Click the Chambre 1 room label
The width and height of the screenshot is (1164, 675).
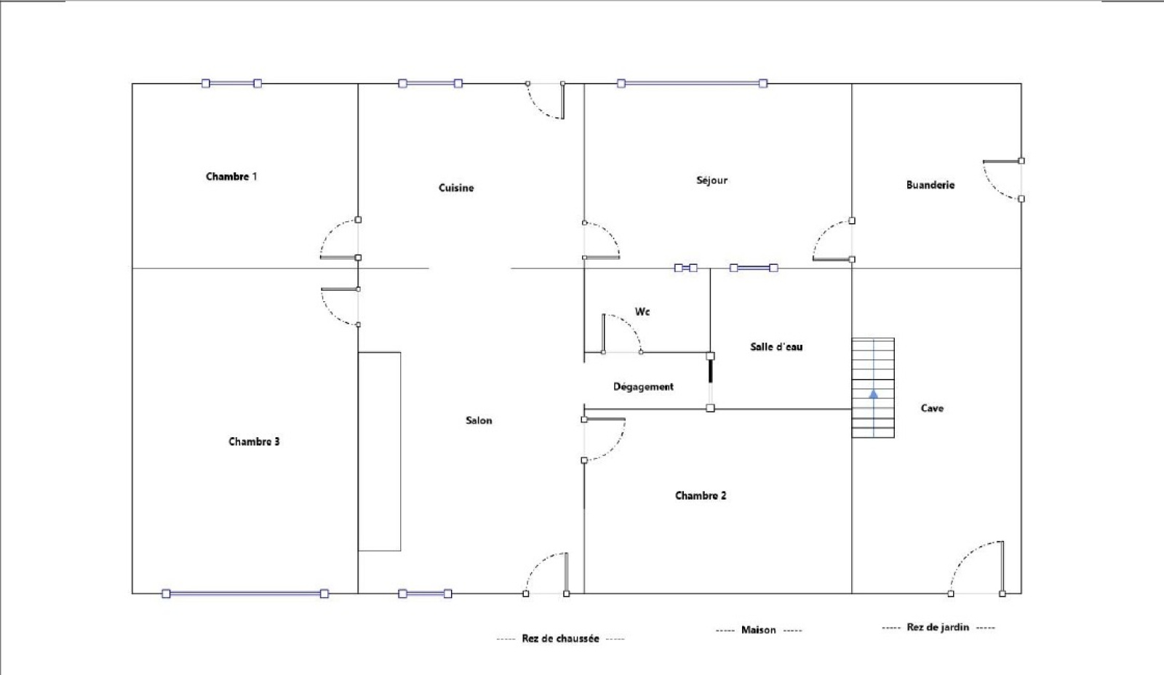[x=231, y=177]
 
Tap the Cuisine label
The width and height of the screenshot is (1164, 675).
[x=456, y=188]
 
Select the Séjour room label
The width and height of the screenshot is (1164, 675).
[x=712, y=180]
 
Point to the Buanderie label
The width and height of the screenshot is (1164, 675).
[x=930, y=185]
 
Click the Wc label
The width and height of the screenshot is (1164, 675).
[x=642, y=312]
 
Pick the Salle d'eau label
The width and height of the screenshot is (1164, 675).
[x=776, y=347]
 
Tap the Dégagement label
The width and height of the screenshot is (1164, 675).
[x=643, y=387]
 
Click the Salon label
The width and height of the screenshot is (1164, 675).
[x=479, y=420]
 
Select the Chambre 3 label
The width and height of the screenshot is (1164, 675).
[x=254, y=442]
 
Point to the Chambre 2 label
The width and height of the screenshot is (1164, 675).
[x=701, y=496]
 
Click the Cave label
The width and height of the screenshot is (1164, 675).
[x=932, y=409]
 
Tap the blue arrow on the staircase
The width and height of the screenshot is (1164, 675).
[x=874, y=394]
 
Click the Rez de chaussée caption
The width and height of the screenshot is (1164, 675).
[x=560, y=639]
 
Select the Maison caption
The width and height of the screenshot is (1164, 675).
[x=759, y=631]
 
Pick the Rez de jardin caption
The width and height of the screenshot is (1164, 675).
[x=938, y=627]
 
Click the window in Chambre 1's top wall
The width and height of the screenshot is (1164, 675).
[x=231, y=83]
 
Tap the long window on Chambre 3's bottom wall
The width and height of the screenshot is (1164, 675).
[x=245, y=594]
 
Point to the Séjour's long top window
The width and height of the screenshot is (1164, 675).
[x=692, y=83]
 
